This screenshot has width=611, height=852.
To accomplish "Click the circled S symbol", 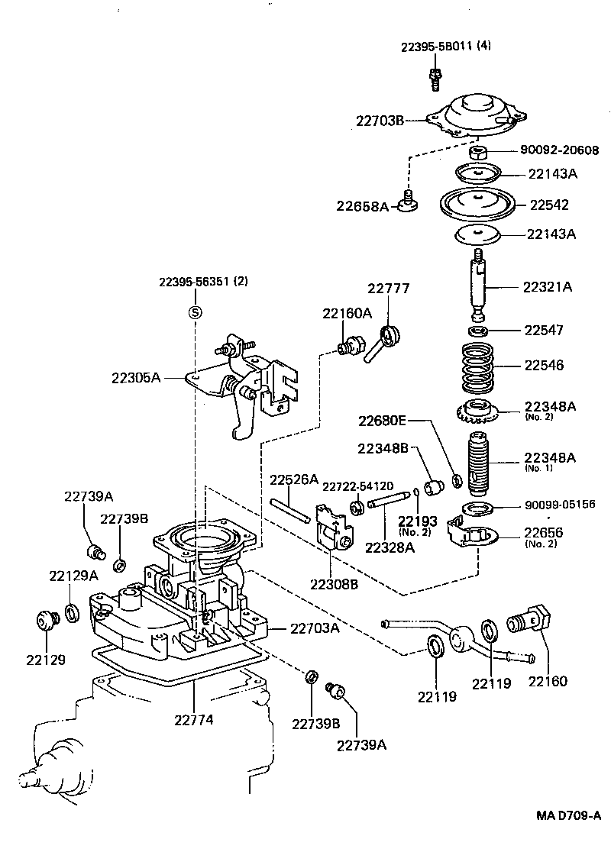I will (x=194, y=311).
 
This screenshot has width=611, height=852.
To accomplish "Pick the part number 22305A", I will (x=136, y=377).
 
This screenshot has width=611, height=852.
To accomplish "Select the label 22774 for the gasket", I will (x=194, y=719).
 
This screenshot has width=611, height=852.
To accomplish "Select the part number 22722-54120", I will (x=357, y=486).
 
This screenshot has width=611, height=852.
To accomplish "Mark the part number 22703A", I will (x=315, y=628).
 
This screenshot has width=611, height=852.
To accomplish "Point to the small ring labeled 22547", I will (x=479, y=331).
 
